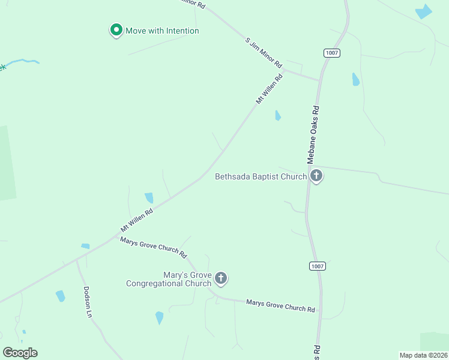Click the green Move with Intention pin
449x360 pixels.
tap(116, 30)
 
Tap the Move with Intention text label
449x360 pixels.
tap(162, 31)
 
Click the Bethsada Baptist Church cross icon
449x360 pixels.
tap(316, 176)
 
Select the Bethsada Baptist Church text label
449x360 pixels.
tap(261, 177)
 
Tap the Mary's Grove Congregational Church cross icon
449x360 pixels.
tap(221, 278)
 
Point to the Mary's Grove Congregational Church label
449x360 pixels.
tap(169, 279)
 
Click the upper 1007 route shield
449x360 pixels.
tap(333, 53)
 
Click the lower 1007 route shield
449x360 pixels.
tap(318, 265)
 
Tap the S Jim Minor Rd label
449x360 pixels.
tap(264, 52)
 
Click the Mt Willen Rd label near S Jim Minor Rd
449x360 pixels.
tap(269, 89)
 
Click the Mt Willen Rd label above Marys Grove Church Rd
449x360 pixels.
tap(137, 220)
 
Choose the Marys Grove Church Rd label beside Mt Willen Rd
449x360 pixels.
tap(154, 245)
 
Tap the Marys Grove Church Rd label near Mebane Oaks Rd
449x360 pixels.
tap(280, 305)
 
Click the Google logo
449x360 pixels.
tap(20, 353)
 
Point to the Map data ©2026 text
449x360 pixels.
tap(423, 355)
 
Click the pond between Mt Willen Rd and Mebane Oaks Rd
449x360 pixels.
tap(277, 115)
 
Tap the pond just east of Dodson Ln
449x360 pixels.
tap(60, 296)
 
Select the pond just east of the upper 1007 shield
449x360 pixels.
tap(355, 79)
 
